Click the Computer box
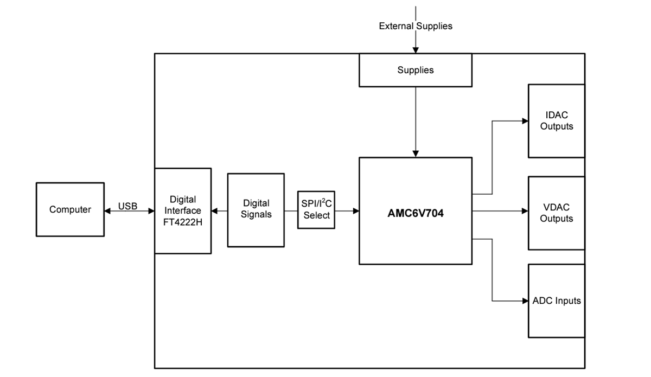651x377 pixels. tap(70, 209)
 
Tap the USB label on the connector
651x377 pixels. tap(127, 206)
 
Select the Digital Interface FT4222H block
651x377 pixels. tap(182, 210)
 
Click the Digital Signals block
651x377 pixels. tap(256, 209)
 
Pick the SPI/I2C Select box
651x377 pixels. tap(316, 209)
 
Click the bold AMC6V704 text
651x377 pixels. tap(415, 213)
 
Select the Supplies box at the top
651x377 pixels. tap(415, 70)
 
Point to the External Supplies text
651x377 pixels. tap(415, 26)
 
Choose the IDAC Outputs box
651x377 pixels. tap(556, 120)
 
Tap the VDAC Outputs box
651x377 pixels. tap(556, 213)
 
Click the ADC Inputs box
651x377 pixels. tap(556, 301)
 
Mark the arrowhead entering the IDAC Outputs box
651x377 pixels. tap(525, 121)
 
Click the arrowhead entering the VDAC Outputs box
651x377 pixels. tap(525, 211)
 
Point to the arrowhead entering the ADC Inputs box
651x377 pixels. tap(525, 301)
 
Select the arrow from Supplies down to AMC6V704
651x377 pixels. tap(416, 122)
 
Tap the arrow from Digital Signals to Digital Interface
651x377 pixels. tap(219, 210)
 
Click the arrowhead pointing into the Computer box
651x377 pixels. tap(107, 210)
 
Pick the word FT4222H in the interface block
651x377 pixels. tap(182, 221)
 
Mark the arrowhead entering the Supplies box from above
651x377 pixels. tap(416, 50)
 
